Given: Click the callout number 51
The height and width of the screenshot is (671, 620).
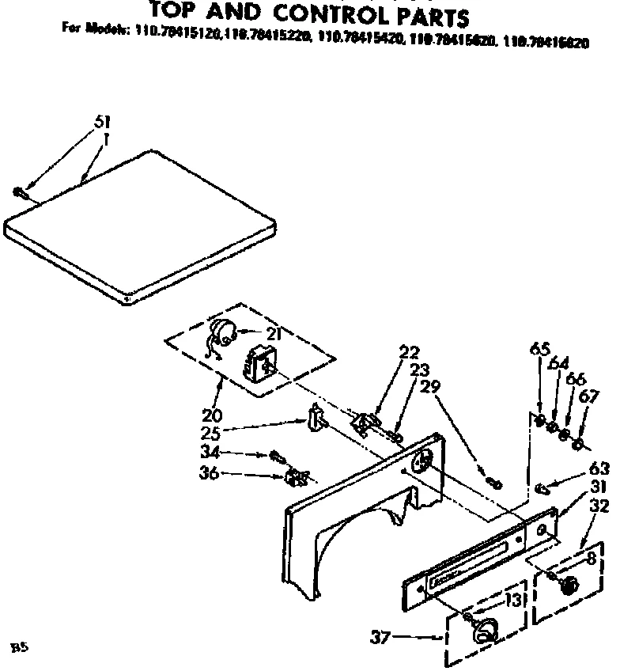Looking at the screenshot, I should click(102, 122).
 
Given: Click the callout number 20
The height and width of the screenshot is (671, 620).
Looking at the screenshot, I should click(212, 414).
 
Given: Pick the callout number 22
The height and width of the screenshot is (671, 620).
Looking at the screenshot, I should click(410, 352).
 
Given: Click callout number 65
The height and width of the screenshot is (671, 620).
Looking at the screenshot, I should click(539, 349).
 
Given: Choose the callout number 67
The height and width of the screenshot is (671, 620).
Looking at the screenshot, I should click(589, 394).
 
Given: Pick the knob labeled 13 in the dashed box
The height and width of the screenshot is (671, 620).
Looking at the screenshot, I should click(484, 629).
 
